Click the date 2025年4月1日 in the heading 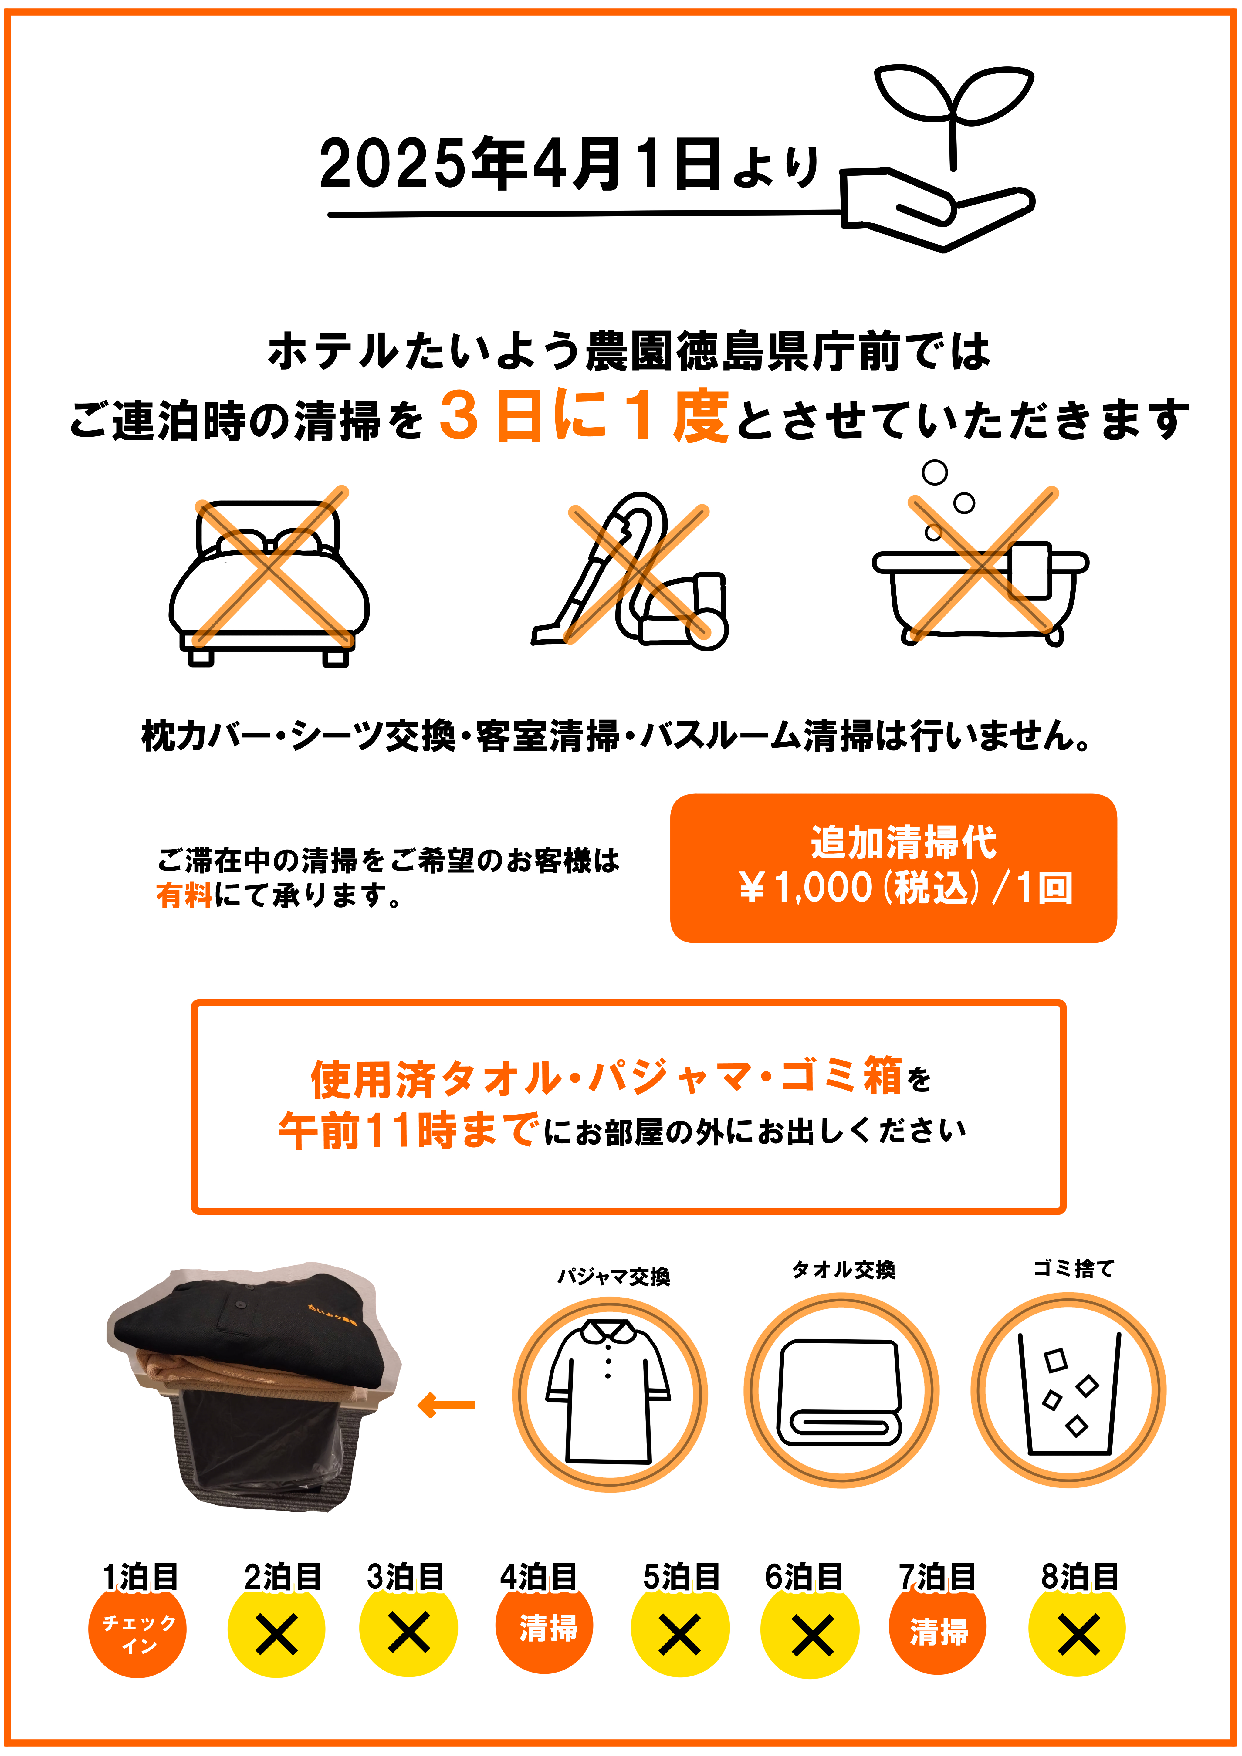(520, 164)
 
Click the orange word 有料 (184, 895)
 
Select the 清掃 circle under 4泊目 (544, 1629)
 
